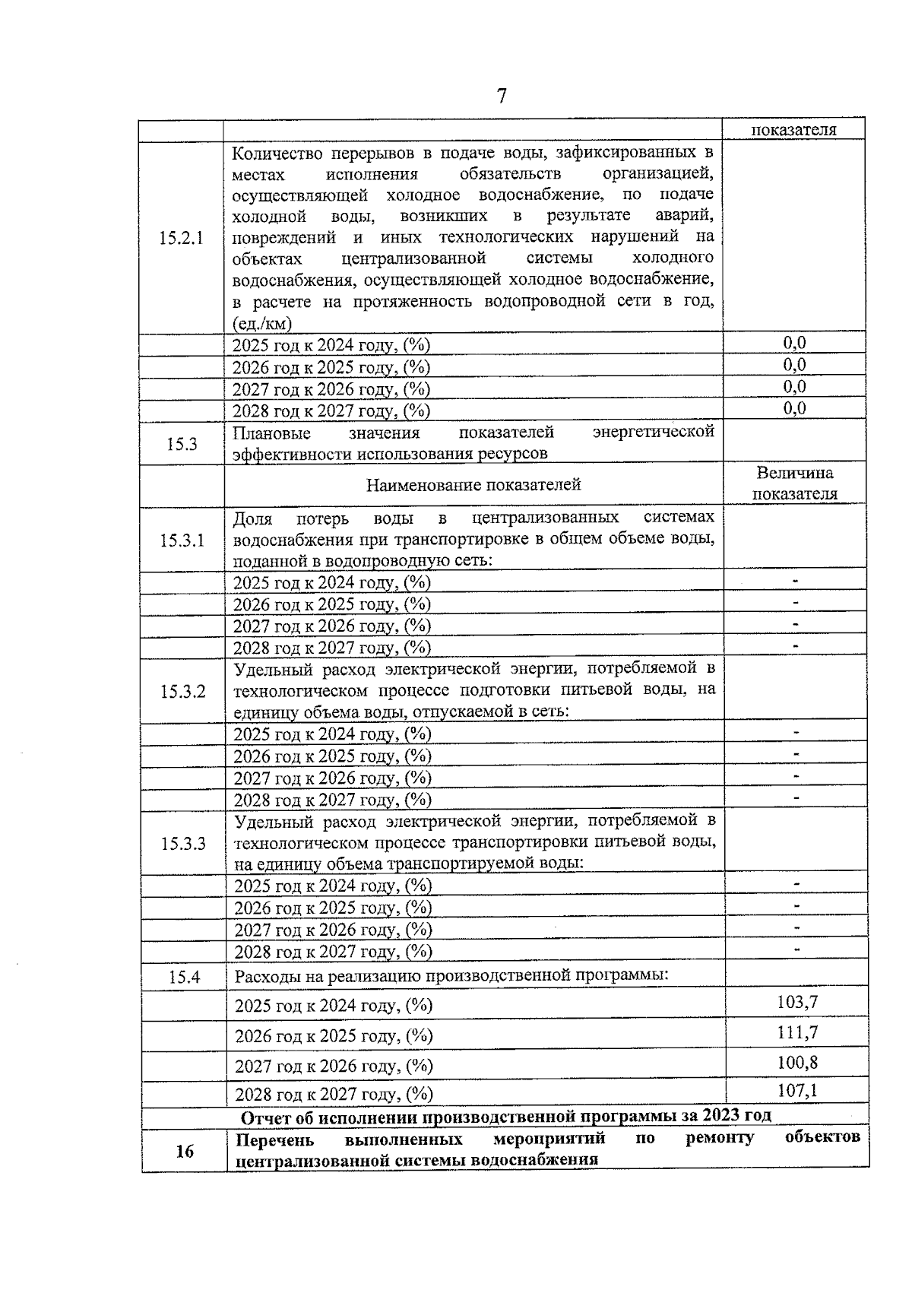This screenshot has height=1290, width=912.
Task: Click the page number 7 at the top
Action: coord(501,97)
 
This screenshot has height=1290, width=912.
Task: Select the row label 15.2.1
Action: coord(181,238)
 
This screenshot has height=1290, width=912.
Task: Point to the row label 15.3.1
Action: coord(182,540)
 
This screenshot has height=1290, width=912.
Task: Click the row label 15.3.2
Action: coord(182,692)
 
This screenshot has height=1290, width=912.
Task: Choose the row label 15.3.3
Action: coord(182,844)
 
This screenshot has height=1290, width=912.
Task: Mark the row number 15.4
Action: coord(183,977)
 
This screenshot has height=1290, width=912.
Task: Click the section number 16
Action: coord(184,1151)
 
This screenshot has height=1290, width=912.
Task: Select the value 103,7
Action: coord(796,1002)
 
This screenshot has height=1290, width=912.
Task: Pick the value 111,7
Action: coord(796,1032)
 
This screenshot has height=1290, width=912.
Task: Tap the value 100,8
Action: coord(796,1062)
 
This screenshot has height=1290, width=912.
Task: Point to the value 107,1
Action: coord(796,1091)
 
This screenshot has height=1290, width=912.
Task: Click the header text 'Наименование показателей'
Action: coord(473,485)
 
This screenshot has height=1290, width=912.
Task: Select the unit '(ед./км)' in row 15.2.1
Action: coord(262,323)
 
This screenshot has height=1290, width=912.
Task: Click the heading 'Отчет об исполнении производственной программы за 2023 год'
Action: coord(505,1116)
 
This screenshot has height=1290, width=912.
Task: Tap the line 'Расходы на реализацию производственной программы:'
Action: coord(451,975)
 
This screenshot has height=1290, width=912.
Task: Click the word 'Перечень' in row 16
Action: coord(274,1139)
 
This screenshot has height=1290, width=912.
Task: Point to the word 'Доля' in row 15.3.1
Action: coord(252,518)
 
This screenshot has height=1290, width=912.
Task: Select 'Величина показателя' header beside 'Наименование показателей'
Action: coord(795,483)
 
